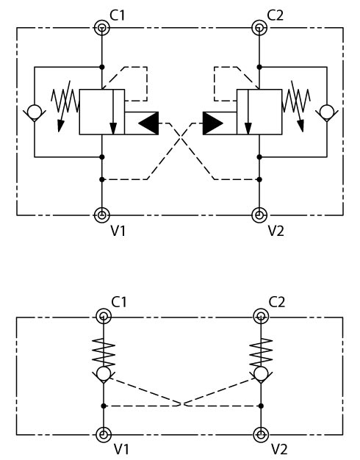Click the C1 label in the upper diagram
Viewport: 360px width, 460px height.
pos(118,15)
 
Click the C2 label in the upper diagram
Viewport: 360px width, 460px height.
pos(276,15)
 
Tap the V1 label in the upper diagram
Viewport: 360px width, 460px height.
pos(118,231)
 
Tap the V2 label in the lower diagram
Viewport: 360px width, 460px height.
pos(279,449)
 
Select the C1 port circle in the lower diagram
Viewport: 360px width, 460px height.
pos(104,317)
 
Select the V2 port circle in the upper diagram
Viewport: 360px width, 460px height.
pos(259,215)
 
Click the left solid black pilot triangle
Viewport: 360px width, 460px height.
pos(148,123)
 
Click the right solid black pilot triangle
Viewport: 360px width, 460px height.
pos(213,123)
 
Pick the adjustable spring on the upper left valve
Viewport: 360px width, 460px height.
pos(65,105)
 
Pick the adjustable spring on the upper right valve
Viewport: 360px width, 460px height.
pos(296,105)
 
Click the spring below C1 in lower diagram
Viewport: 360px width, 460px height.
pos(104,353)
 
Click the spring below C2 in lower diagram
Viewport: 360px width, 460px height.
pos(261,353)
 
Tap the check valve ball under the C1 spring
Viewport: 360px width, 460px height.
pos(104,374)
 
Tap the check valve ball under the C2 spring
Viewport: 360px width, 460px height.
pos(261,374)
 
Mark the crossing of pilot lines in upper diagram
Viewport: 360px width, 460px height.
pos(181,137)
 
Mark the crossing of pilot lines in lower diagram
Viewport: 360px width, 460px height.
pos(182,403)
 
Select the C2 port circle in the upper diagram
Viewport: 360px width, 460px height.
pos(259,28)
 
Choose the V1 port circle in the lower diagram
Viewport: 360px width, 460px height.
pos(104,434)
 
